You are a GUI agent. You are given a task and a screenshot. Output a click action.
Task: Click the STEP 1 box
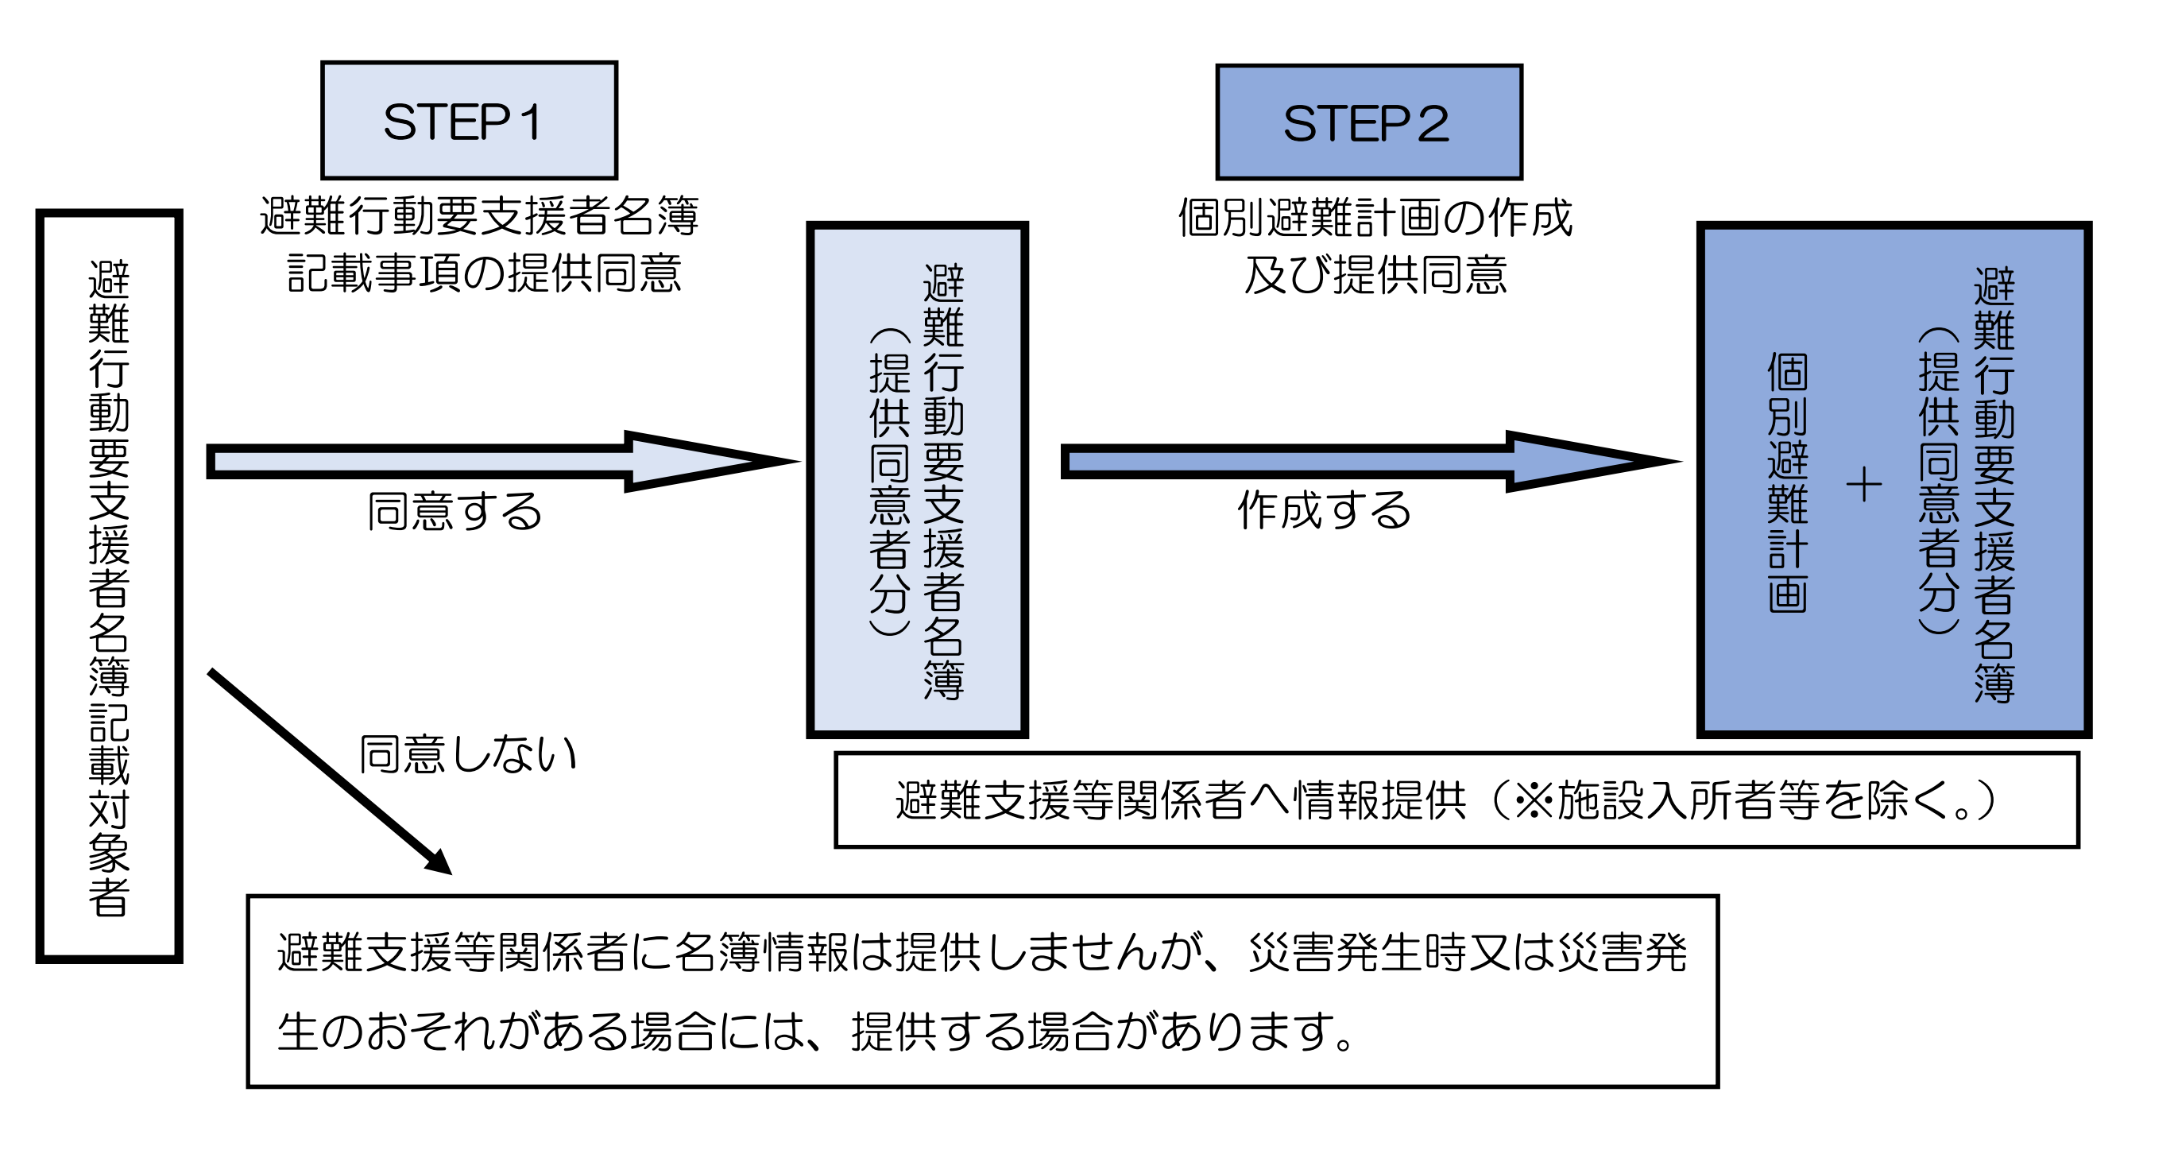tap(470, 121)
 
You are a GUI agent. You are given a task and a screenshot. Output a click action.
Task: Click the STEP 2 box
tap(1369, 122)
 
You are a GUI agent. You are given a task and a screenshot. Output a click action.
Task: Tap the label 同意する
tap(454, 512)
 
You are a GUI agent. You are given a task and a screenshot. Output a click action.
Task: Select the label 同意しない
tap(467, 754)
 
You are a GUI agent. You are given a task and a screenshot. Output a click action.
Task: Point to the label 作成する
tap(1324, 510)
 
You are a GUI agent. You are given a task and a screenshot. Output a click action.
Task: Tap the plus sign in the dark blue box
tap(1864, 486)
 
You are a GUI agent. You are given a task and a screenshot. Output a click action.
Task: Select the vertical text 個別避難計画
tap(1788, 483)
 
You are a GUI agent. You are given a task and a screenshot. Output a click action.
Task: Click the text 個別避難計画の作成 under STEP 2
tap(1375, 218)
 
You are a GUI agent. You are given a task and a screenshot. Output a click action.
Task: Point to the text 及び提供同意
tap(1375, 275)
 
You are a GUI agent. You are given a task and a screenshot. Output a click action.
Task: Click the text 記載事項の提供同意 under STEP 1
tap(484, 273)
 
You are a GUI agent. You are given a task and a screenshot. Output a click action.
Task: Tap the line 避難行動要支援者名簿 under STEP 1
tap(478, 216)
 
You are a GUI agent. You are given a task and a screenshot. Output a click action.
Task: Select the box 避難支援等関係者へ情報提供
tap(1456, 800)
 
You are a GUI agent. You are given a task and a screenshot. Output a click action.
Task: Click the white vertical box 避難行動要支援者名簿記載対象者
tap(109, 586)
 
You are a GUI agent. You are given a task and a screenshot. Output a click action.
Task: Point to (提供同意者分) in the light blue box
tap(889, 481)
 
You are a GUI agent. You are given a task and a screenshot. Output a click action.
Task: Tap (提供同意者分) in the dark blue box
tap(1939, 481)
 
